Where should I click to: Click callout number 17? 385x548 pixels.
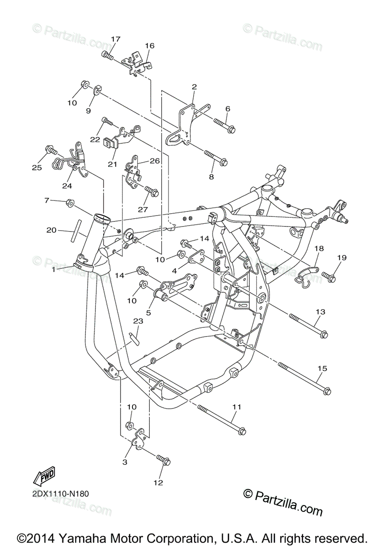tap(115, 39)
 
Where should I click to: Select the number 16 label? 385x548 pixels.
tap(150, 46)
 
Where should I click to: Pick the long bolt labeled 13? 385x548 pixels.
tap(308, 325)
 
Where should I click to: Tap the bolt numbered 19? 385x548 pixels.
tap(329, 276)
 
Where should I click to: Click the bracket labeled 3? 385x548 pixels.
tap(138, 438)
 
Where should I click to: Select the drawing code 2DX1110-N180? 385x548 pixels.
tap(60, 493)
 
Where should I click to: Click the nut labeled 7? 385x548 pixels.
tap(70, 202)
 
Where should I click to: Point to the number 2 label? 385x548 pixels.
tap(194, 87)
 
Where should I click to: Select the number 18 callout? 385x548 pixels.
tap(319, 248)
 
